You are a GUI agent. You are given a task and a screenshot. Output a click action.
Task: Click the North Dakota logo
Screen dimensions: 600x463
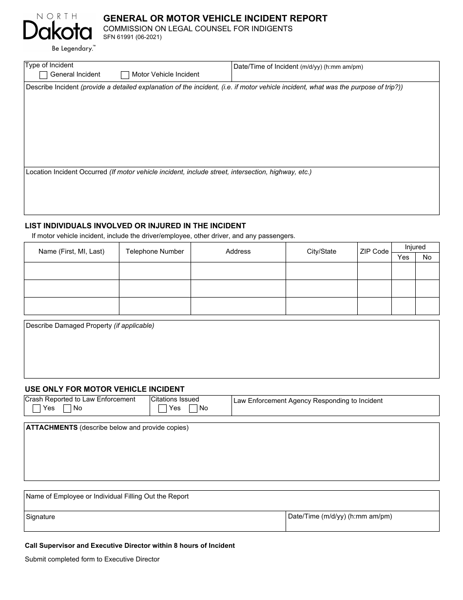pyautogui.click(x=58, y=32)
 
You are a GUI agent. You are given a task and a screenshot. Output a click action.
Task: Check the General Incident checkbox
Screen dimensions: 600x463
pyautogui.click(x=43, y=75)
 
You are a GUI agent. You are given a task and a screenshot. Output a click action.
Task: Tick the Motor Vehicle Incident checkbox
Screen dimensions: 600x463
pyautogui.click(x=125, y=75)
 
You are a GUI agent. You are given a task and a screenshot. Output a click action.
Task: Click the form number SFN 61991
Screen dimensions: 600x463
pyautogui.click(x=132, y=37)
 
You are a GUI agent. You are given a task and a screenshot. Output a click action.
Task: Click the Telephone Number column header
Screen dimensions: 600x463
pyautogui.click(x=154, y=252)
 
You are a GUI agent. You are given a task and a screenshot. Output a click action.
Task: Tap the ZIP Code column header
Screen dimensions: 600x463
pyautogui.click(x=374, y=252)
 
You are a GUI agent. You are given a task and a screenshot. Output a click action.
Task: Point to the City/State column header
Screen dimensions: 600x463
pyautogui.click(x=321, y=252)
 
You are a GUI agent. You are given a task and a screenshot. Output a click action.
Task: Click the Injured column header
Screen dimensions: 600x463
pyautogui.click(x=415, y=247)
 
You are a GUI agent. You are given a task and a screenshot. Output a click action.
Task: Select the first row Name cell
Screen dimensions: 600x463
pyautogui.click(x=72, y=271)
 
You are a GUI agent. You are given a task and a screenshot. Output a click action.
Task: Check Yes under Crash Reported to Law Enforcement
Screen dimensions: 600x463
pyautogui.click(x=37, y=408)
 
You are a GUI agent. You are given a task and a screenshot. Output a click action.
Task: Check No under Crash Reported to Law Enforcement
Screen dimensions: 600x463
pyautogui.click(x=67, y=408)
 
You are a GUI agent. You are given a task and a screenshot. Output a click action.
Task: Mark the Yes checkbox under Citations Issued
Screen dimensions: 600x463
pyautogui.click(x=163, y=408)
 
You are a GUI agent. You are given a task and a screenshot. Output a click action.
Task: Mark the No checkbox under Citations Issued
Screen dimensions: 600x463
pyautogui.click(x=193, y=408)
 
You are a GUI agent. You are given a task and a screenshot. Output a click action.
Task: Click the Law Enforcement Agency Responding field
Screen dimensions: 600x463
pyautogui.click(x=335, y=409)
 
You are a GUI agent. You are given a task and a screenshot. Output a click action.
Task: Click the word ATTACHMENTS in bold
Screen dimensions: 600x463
pyautogui.click(x=52, y=428)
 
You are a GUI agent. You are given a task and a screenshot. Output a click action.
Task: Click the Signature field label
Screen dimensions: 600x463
pyautogui.click(x=40, y=517)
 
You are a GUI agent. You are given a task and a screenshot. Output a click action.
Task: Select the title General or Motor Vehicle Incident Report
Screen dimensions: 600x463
pyautogui.click(x=215, y=19)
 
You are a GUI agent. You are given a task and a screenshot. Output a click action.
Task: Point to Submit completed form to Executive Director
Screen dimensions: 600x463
pyautogui.click(x=92, y=560)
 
